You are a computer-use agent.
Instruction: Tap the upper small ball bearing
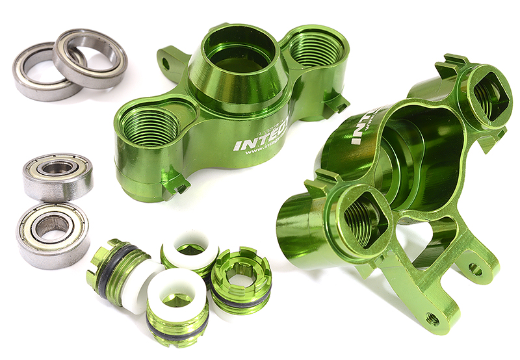58,176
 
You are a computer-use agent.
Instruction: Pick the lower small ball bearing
51,235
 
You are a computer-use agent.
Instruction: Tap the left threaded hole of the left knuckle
149,123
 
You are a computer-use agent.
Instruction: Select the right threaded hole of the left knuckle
314,49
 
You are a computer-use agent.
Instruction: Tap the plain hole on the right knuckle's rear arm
476,268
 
